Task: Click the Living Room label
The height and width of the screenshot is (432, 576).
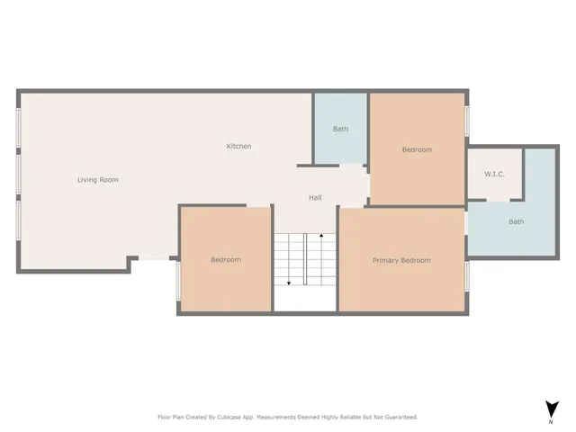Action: coord(97,180)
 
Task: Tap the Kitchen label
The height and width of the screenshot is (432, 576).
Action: coord(238,147)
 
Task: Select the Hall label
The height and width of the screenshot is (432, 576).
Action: coord(315,198)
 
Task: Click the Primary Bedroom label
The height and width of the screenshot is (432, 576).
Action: coord(401,261)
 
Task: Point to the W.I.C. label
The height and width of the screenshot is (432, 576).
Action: coord(494,174)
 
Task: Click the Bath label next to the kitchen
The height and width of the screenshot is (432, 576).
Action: coord(340,130)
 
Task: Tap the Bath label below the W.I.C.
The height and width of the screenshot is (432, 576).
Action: coord(516,222)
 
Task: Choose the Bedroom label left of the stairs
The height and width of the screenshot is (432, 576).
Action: coord(226,260)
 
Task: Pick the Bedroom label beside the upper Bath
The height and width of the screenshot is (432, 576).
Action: coord(417,150)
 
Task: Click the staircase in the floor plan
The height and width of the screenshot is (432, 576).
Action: coord(305,260)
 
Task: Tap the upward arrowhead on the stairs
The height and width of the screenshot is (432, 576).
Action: coord(321,236)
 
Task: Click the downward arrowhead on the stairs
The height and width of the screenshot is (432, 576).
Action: coord(289,283)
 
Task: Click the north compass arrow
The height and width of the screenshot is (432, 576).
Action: coord(550,409)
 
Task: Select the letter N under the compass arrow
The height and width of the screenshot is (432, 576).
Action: coord(550,421)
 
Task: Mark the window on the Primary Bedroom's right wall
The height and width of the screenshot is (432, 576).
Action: coord(466,276)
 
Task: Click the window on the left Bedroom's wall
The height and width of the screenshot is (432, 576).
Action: coord(178,280)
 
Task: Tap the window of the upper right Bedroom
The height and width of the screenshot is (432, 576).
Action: coord(466,121)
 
